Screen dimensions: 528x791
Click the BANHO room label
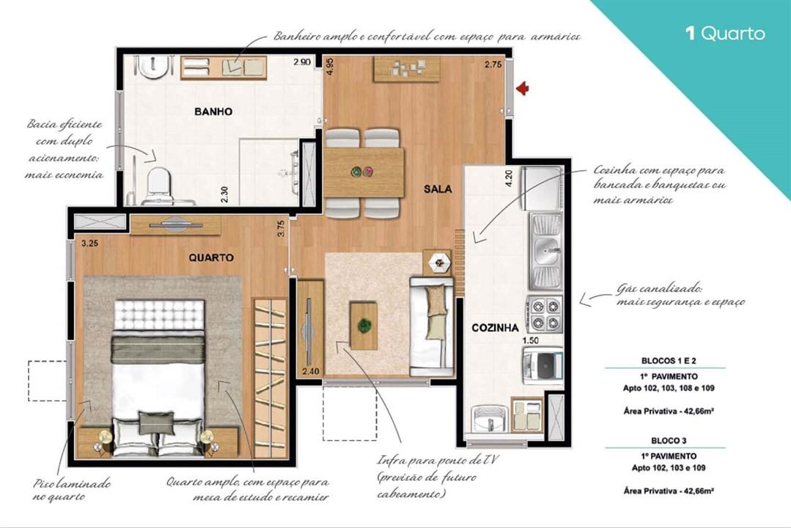tap(213, 111)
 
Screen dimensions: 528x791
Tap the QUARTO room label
tap(211, 257)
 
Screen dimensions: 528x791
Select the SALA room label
tap(438, 188)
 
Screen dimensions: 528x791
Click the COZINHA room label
tap(495, 328)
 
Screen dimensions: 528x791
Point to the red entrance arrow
tap(522, 89)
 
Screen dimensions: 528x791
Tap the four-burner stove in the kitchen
tap(544, 314)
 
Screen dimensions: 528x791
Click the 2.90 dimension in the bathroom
tap(301, 63)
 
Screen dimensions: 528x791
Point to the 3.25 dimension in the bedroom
tap(90, 243)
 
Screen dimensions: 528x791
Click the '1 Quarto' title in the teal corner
tap(724, 33)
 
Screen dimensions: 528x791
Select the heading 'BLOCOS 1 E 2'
tap(664, 360)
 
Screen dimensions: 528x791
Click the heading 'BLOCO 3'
tap(664, 441)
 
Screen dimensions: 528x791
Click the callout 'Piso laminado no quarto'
tap(71, 490)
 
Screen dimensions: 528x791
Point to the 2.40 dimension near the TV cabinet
tap(311, 370)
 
